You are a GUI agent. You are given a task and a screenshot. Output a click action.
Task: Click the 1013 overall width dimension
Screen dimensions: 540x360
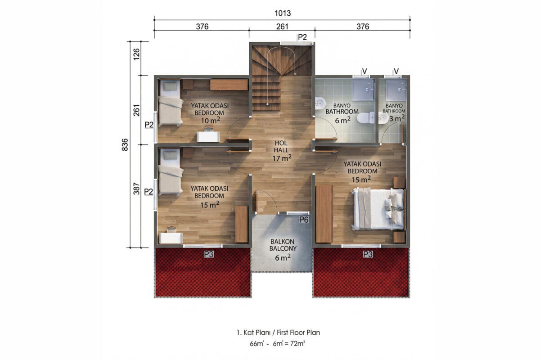tap(283, 13)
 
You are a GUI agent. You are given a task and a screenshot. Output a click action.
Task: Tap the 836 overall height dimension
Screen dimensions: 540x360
tap(125, 145)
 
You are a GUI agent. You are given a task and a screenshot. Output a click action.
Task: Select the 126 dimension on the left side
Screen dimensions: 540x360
tap(136, 54)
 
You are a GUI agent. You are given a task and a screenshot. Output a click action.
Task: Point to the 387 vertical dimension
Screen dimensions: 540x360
tap(136, 189)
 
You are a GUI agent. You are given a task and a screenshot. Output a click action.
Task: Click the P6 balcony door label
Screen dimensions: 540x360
tap(304, 220)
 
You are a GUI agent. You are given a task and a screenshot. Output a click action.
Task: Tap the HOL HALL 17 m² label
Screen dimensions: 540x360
tap(282, 151)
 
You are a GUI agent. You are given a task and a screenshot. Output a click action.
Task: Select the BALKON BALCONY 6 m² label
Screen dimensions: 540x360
tap(283, 250)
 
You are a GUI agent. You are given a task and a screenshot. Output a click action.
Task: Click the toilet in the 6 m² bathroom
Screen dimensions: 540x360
tap(365, 117)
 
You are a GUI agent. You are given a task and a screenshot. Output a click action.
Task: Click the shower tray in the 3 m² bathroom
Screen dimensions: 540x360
tap(396, 90)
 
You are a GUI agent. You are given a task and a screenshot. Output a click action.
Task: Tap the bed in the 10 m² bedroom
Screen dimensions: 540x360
tap(170, 103)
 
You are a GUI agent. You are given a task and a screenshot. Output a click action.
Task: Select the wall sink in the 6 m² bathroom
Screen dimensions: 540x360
tap(319, 103)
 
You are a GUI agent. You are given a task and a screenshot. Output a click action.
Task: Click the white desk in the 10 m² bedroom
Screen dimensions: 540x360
tap(208, 137)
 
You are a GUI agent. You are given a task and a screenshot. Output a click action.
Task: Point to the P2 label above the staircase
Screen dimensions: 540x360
tap(302, 37)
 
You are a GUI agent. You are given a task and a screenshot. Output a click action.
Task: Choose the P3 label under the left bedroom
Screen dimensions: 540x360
tap(208, 254)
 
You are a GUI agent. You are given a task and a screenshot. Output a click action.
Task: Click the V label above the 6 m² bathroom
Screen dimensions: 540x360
tap(364, 72)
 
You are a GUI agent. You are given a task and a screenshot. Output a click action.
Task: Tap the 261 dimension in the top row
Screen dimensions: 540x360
tap(282, 26)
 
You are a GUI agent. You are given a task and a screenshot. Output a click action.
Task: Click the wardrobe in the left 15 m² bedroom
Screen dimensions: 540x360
tap(241, 224)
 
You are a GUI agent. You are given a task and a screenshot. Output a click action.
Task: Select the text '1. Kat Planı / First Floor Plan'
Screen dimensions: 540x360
tap(278, 333)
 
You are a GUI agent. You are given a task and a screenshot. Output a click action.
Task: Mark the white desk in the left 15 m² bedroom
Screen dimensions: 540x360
tap(171, 238)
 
